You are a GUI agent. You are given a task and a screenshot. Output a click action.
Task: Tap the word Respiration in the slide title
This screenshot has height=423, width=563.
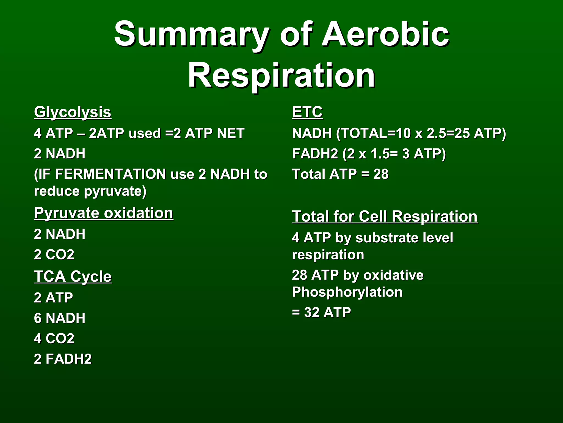click(x=281, y=75)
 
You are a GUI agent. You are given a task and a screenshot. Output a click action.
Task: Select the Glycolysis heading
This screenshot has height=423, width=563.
click(x=73, y=112)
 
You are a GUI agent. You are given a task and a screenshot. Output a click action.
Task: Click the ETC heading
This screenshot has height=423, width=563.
click(x=307, y=112)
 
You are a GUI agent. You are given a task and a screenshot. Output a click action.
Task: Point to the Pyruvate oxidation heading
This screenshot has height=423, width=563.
click(x=104, y=213)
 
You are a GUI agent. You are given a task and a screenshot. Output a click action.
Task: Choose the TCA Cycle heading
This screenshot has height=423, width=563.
click(x=73, y=276)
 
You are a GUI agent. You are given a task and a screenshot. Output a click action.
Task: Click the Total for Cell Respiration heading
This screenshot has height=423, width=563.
click(x=385, y=216)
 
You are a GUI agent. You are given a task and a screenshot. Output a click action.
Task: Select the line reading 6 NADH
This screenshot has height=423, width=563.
click(x=60, y=318)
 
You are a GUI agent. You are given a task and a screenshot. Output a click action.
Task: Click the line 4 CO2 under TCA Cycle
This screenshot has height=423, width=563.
click(x=54, y=338)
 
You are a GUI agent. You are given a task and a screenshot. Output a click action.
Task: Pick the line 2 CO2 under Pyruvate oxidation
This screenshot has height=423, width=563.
click(x=54, y=254)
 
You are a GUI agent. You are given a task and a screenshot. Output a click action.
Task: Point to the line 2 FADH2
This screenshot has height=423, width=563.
click(x=63, y=359)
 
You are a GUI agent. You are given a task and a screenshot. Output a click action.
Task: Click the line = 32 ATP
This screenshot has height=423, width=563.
click(x=321, y=313)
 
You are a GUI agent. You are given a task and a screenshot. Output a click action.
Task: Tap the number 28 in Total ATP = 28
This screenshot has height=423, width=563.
click(x=381, y=174)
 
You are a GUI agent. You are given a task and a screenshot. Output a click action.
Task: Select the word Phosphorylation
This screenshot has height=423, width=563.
click(x=347, y=292)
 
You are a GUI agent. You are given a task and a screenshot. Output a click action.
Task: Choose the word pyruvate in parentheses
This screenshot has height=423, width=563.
click(x=117, y=191)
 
